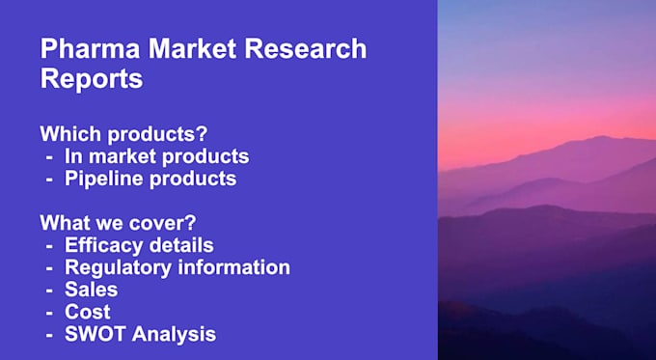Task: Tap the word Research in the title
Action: pyautogui.click(x=312, y=48)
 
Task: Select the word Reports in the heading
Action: pyautogui.click(x=92, y=79)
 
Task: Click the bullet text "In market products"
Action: pyautogui.click(x=156, y=155)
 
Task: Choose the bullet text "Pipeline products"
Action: pyautogui.click(x=150, y=179)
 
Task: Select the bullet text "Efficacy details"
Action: pyautogui.click(x=139, y=245)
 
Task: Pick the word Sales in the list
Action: pyautogui.click(x=91, y=290)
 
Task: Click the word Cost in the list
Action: pyautogui.click(x=87, y=312)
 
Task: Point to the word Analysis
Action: pyautogui.click(x=174, y=335)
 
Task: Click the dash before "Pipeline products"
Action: pyautogui.click(x=48, y=179)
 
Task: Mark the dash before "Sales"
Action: pyautogui.click(x=48, y=290)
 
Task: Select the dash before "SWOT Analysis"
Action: pyautogui.click(x=48, y=335)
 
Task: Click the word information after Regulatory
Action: pyautogui.click(x=235, y=267)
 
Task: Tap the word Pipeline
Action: pyautogui.click(x=101, y=179)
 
